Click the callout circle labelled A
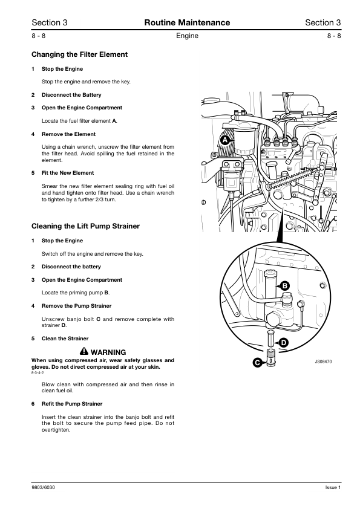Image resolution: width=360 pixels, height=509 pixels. click(225, 141)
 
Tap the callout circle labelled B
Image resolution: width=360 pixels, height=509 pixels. click(284, 286)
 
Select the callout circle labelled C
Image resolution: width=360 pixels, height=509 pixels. click(258, 363)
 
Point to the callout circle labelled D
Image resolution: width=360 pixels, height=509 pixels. click(284, 343)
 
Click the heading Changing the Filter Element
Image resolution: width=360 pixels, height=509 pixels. click(79, 54)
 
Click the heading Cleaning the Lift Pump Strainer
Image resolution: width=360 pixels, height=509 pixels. click(85, 226)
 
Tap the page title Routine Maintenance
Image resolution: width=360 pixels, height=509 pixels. click(187, 22)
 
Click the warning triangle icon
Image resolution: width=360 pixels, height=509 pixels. click(84, 351)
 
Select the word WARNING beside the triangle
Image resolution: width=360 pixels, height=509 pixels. click(108, 352)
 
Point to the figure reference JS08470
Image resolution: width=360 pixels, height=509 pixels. click(323, 361)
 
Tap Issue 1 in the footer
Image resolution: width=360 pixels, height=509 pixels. click(333, 487)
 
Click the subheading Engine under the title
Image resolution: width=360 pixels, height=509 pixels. click(187, 36)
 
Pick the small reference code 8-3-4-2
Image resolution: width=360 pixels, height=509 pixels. click(38, 372)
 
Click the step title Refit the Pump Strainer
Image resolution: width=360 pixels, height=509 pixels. click(72, 404)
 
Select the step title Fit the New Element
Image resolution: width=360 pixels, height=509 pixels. click(68, 173)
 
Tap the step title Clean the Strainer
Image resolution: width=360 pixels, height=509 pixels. click(65, 339)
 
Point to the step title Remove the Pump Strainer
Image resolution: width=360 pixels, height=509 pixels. click(76, 306)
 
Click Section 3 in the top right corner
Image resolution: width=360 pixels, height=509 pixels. click(323, 22)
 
